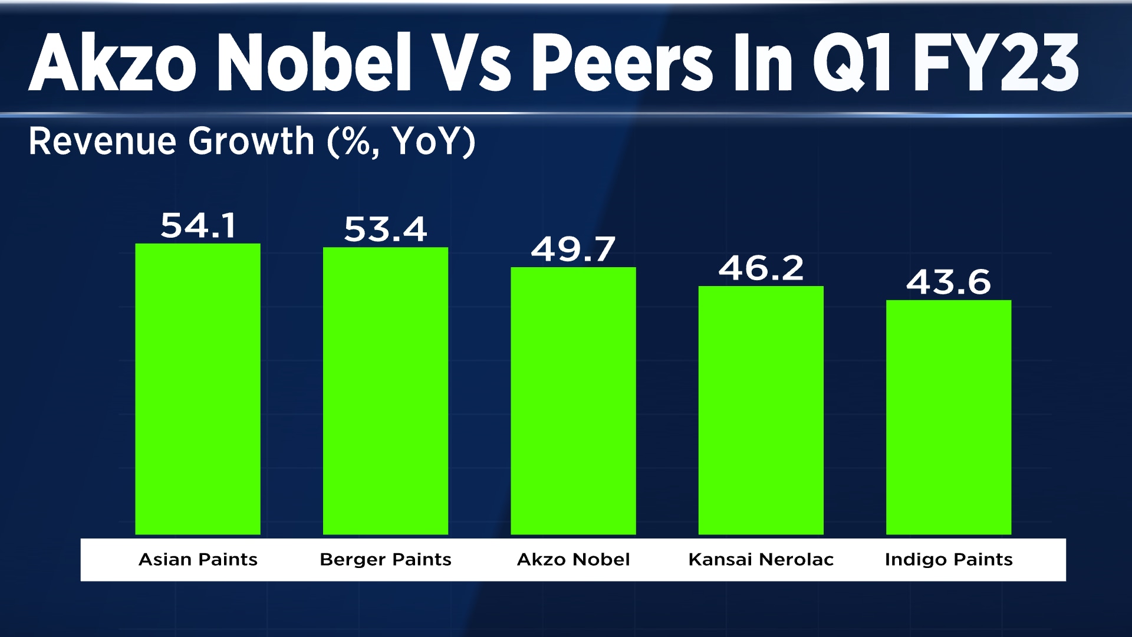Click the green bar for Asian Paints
click(198, 389)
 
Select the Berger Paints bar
click(386, 391)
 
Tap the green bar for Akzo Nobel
click(573, 401)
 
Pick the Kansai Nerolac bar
click(761, 411)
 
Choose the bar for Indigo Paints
click(949, 418)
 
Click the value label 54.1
click(198, 226)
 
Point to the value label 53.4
click(386, 229)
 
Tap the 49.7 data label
click(573, 249)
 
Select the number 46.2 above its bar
click(761, 269)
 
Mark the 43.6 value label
click(949, 283)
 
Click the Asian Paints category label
click(198, 559)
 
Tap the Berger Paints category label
click(386, 559)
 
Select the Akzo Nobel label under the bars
click(573, 559)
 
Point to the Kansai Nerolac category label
click(761, 559)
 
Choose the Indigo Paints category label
click(949, 559)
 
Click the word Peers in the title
click(623, 63)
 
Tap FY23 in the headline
click(996, 63)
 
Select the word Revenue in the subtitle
click(103, 142)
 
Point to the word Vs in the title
click(476, 63)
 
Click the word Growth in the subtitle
click(251, 142)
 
